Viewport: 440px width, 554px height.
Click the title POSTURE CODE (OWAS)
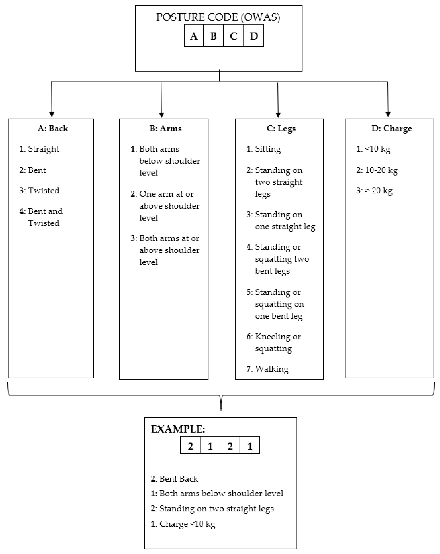218,17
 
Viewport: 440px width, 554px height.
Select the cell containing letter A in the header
194,36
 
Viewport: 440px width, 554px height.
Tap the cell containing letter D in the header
253,36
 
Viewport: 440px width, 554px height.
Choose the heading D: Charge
391,128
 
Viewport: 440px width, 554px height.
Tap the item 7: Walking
267,369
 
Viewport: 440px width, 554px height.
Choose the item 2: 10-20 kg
377,170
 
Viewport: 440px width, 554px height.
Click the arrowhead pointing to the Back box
52,114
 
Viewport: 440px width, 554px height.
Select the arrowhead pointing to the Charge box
388,114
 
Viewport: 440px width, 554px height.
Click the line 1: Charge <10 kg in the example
183,524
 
